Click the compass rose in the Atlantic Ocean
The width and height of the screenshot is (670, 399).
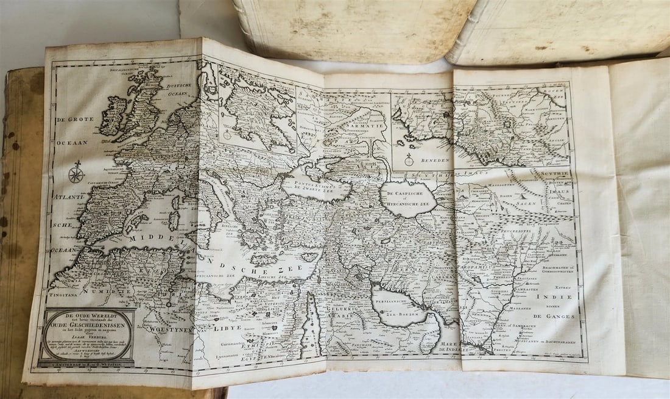[76, 174]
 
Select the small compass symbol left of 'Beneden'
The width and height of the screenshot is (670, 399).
[409, 160]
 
